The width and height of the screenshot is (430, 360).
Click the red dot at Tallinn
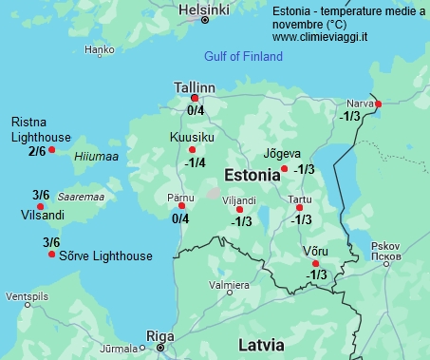(195, 98)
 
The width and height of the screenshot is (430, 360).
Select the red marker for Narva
(378, 104)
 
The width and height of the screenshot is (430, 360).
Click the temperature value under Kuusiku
(195, 162)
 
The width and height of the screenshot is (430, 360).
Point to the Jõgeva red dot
(285, 169)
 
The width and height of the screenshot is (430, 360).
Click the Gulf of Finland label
(243, 56)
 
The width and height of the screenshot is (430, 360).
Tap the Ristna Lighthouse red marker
(52, 149)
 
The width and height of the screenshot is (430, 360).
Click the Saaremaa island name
(81, 197)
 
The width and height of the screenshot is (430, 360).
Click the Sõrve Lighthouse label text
(105, 256)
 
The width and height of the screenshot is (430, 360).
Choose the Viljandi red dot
(239, 210)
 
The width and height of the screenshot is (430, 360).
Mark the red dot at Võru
(316, 263)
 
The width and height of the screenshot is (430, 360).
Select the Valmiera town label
(229, 285)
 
